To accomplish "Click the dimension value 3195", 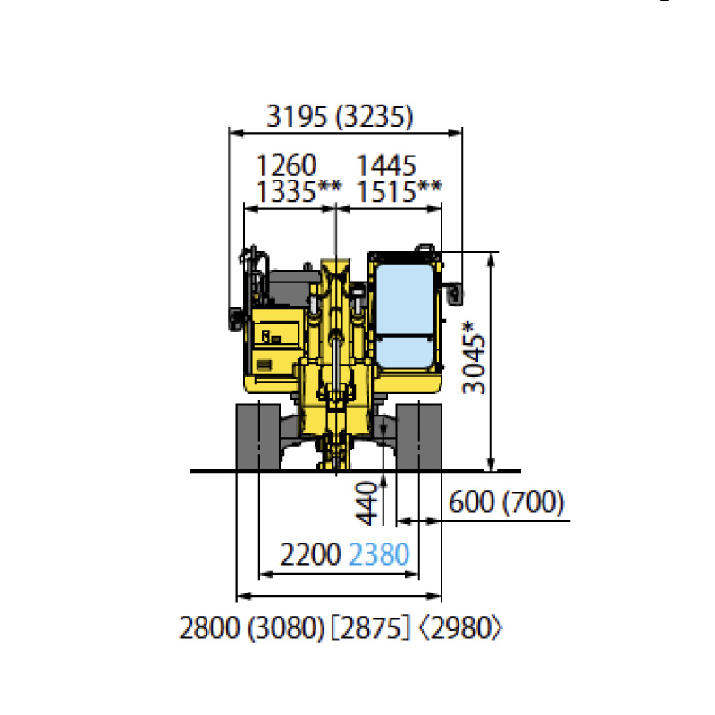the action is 297,116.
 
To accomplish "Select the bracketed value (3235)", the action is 374,117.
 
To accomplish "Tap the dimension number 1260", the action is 286,165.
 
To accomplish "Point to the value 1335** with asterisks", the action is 299,191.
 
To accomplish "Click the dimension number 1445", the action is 386,165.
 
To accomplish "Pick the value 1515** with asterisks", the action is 399,191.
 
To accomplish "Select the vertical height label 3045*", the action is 474,358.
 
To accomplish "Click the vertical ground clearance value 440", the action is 366,504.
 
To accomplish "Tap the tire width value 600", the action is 472,502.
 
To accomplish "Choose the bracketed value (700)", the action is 533,502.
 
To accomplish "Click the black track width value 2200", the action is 310,554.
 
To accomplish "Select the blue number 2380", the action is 379,554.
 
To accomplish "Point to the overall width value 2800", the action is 209,627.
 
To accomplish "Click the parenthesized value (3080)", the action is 286,627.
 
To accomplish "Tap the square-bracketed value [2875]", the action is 370,627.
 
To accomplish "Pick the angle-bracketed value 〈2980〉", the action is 460,627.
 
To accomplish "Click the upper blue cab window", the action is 404,299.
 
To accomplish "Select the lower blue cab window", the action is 404,352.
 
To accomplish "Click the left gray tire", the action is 258,436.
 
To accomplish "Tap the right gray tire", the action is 419,436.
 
